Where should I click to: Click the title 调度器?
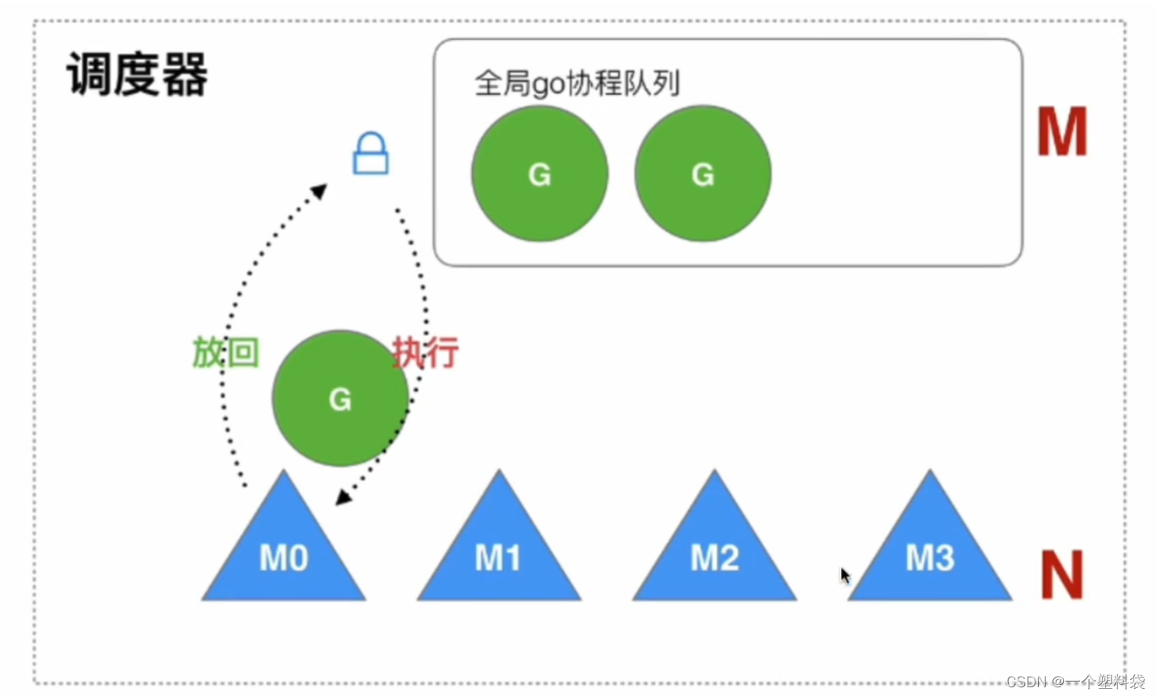point(137,74)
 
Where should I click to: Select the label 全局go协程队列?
point(576,83)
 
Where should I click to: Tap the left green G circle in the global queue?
point(540,173)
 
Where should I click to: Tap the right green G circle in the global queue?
point(702,173)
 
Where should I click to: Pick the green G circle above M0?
point(339,397)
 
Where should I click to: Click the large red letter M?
point(1061,133)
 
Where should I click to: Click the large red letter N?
point(1061,575)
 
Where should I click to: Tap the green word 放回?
point(225,353)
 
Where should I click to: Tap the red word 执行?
point(425,353)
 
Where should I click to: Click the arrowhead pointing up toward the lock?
point(319,191)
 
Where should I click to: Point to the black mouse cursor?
point(844,575)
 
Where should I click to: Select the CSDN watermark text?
point(1075,682)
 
